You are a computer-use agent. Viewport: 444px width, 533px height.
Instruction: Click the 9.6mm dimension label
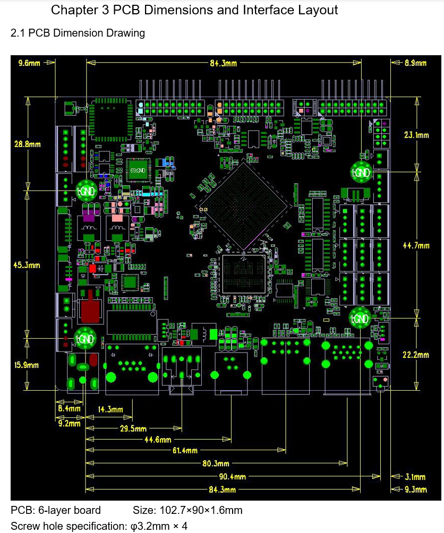pyautogui.click(x=29, y=63)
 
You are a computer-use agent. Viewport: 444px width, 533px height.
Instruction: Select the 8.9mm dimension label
pyautogui.click(x=415, y=63)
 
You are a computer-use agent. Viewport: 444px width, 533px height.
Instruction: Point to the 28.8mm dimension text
pyautogui.click(x=28, y=144)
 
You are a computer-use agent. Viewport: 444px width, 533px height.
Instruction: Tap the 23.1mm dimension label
pyautogui.click(x=416, y=135)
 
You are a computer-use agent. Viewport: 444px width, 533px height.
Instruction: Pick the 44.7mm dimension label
pyautogui.click(x=416, y=246)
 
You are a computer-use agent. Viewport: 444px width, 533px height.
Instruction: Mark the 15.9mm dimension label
pyautogui.click(x=27, y=365)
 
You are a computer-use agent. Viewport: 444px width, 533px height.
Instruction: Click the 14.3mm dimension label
pyautogui.click(x=110, y=409)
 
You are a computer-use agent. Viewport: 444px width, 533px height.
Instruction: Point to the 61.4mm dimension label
pyautogui.click(x=185, y=451)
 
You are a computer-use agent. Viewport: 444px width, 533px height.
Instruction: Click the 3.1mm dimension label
pyautogui.click(x=415, y=477)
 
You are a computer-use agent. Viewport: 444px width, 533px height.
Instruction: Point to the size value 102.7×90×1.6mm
pyautogui.click(x=187, y=511)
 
